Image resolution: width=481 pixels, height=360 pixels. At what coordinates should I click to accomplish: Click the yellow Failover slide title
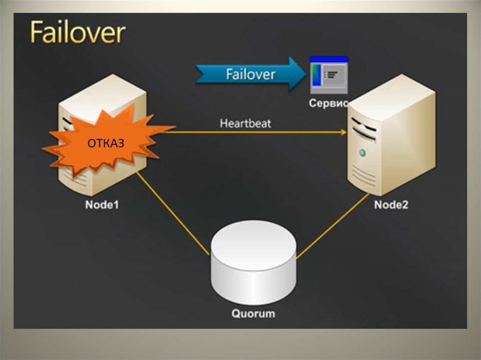78,33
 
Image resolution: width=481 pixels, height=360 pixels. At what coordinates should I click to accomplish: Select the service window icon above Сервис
328,75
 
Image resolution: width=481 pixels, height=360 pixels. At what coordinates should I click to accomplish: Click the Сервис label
328,104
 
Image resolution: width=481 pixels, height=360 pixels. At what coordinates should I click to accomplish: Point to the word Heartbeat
245,124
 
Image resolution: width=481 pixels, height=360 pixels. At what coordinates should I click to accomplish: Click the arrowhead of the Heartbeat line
343,132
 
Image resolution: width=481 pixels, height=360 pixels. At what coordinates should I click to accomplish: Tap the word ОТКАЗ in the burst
106,143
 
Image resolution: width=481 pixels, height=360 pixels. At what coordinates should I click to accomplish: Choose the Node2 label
391,205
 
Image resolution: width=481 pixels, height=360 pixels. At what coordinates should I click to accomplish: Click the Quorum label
253,313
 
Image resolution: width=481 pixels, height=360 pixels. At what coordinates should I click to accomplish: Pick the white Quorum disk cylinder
253,268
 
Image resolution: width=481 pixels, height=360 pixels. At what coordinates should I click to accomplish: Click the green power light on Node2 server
362,153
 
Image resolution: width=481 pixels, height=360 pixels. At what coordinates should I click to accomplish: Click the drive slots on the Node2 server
364,129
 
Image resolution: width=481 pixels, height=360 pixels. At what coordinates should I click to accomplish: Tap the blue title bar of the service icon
329,59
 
